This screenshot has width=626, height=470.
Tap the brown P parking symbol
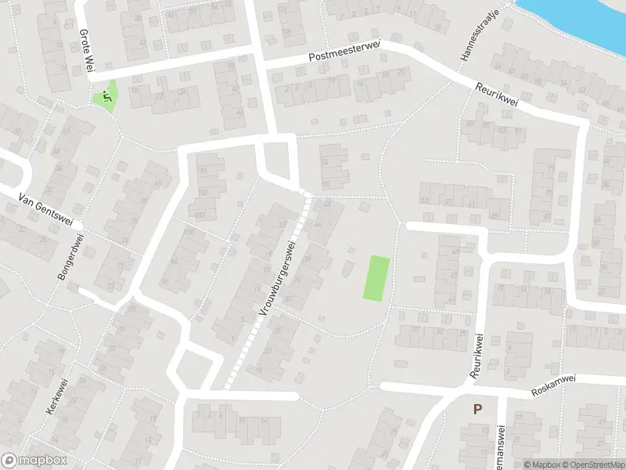477,408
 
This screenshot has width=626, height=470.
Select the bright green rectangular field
376,278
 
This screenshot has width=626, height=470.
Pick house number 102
200,215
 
